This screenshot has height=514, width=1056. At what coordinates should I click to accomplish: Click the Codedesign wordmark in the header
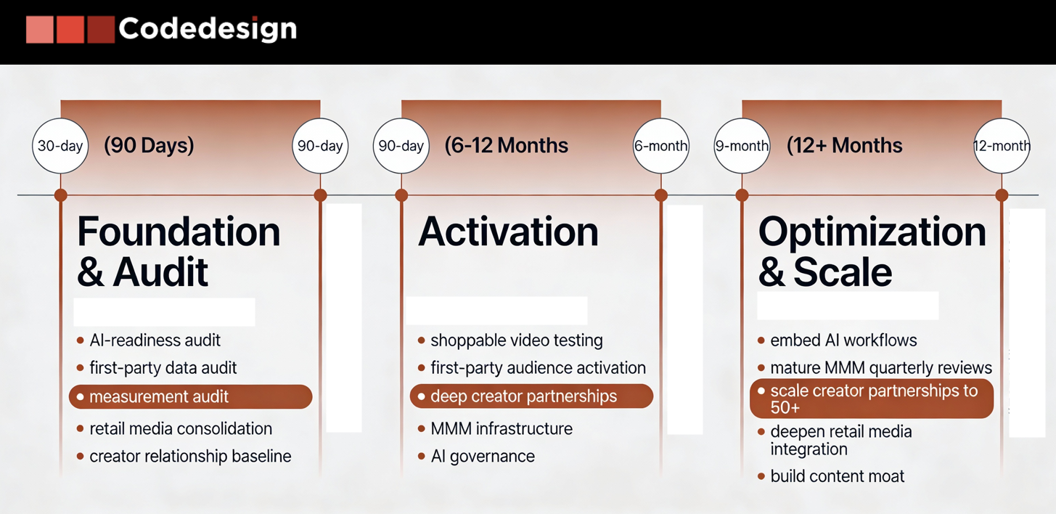click(208, 29)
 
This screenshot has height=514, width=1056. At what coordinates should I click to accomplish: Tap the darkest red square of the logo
click(101, 29)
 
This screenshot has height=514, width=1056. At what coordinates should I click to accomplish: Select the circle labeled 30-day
click(60, 146)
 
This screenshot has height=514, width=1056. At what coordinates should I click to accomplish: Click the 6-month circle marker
click(661, 146)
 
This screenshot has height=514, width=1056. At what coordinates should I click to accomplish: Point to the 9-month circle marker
click(742, 146)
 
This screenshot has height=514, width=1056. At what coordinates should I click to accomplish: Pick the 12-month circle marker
click(1002, 146)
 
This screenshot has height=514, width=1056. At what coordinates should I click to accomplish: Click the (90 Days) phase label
click(149, 145)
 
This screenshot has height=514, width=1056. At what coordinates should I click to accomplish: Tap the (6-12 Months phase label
click(507, 145)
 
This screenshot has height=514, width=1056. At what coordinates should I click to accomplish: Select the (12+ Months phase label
click(844, 145)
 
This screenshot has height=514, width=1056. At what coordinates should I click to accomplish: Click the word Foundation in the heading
click(179, 232)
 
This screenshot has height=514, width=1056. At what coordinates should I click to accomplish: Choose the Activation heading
click(508, 232)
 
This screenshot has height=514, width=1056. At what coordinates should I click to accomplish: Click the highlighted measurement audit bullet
click(190, 396)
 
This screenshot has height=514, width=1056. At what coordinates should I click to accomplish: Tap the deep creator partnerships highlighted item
click(531, 396)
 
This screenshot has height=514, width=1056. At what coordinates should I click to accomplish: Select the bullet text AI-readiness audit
click(155, 340)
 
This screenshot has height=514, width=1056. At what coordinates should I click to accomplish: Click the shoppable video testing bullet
click(517, 340)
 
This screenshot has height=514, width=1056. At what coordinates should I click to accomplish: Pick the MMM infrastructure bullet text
click(502, 428)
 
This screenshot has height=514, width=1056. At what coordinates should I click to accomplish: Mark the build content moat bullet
click(838, 476)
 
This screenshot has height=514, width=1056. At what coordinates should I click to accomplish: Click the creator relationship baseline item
click(190, 457)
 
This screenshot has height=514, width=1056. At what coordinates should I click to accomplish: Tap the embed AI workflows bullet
click(843, 340)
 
